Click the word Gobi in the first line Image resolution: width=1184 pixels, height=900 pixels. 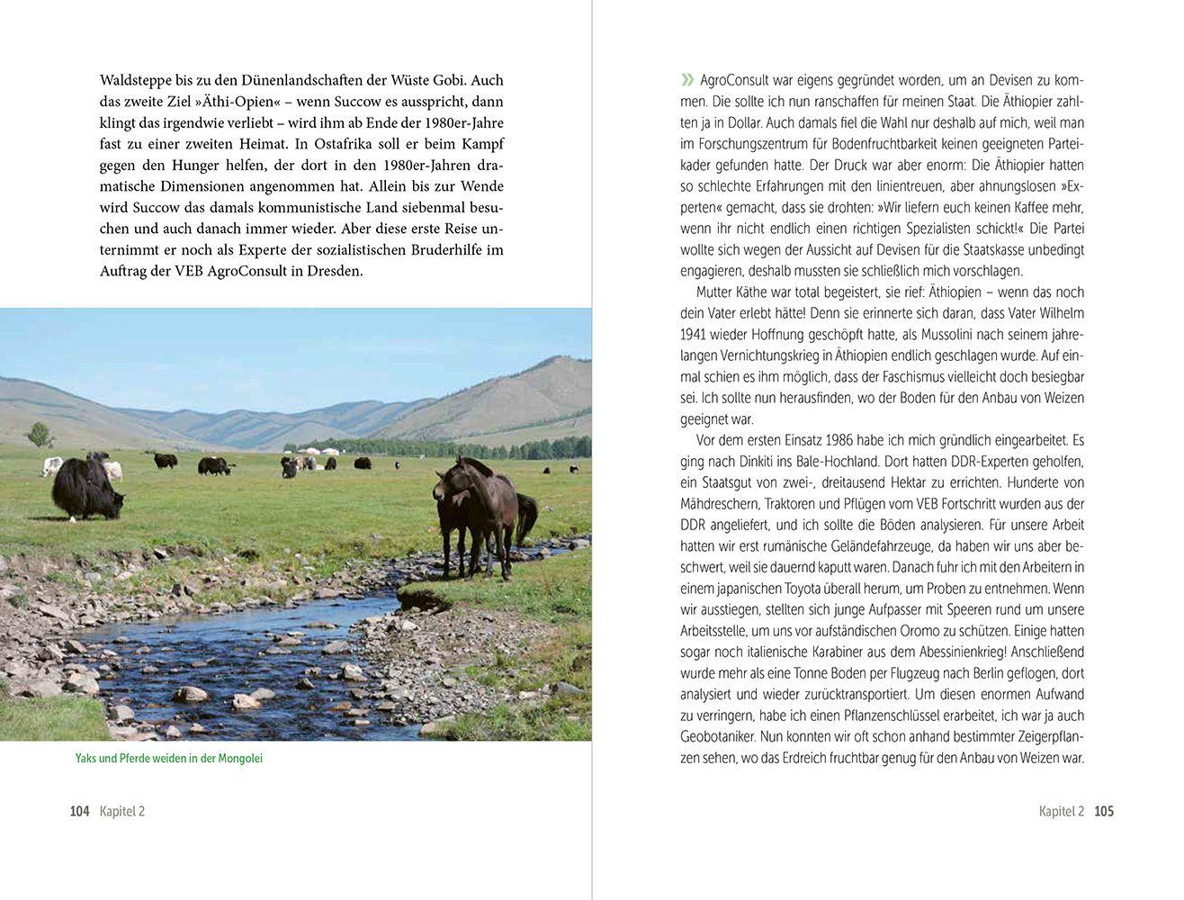[x=444, y=79]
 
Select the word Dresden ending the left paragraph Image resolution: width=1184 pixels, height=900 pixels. [x=332, y=271]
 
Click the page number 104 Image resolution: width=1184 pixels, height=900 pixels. [x=79, y=811]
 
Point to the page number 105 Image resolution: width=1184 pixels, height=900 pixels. [x=1104, y=811]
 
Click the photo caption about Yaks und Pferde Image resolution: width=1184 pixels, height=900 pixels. [x=169, y=758]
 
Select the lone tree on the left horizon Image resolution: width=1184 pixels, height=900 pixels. [x=40, y=436]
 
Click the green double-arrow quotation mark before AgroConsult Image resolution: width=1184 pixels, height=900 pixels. [x=686, y=79]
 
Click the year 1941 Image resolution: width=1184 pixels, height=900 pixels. [x=694, y=334]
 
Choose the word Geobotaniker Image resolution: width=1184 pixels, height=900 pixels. [x=722, y=737]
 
